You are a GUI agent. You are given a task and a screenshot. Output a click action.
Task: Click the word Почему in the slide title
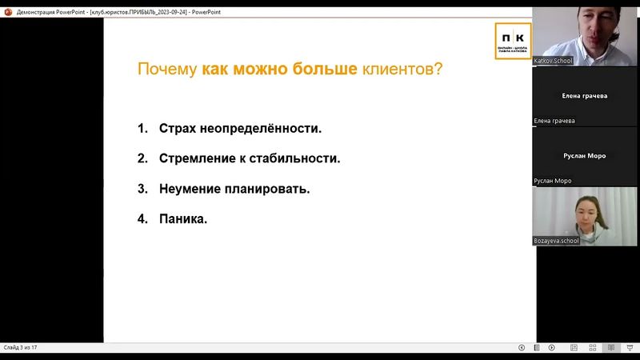click(x=166, y=70)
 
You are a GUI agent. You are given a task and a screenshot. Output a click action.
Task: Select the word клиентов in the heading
click(x=398, y=70)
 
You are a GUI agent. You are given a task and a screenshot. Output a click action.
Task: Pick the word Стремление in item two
click(x=197, y=158)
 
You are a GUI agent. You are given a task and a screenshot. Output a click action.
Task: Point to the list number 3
click(x=142, y=190)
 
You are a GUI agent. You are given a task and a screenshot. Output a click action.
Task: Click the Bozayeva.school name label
click(x=556, y=240)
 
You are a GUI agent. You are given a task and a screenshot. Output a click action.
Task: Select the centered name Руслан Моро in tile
click(x=586, y=156)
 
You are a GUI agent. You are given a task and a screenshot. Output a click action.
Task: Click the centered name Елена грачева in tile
click(x=586, y=95)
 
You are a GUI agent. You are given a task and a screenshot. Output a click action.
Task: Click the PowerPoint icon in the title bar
click(x=7, y=12)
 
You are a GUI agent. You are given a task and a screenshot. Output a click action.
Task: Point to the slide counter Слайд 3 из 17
click(x=21, y=347)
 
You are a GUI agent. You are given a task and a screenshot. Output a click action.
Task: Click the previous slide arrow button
click(x=522, y=347)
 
